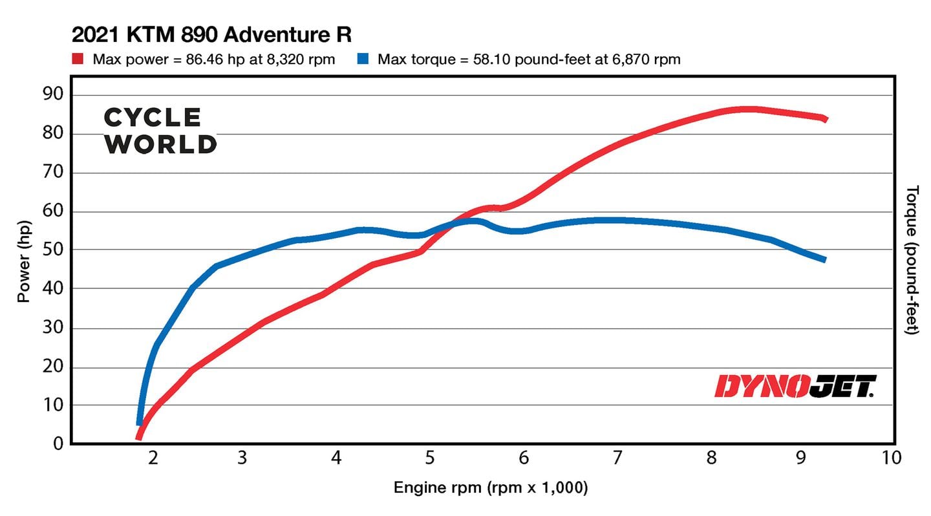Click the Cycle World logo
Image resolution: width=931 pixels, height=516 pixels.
[x=160, y=131]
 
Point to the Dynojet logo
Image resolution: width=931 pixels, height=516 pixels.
[x=795, y=386]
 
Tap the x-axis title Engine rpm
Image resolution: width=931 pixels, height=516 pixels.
[x=491, y=488]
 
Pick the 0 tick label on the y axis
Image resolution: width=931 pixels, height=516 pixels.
[x=58, y=444]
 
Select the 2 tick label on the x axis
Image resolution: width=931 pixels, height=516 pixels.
[x=153, y=458]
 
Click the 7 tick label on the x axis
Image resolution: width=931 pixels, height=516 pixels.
[x=617, y=458]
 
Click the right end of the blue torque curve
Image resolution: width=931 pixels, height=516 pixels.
[x=824, y=259]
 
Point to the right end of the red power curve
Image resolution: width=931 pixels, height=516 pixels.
[x=825, y=119]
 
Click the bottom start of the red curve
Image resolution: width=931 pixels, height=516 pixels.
[x=138, y=438]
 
